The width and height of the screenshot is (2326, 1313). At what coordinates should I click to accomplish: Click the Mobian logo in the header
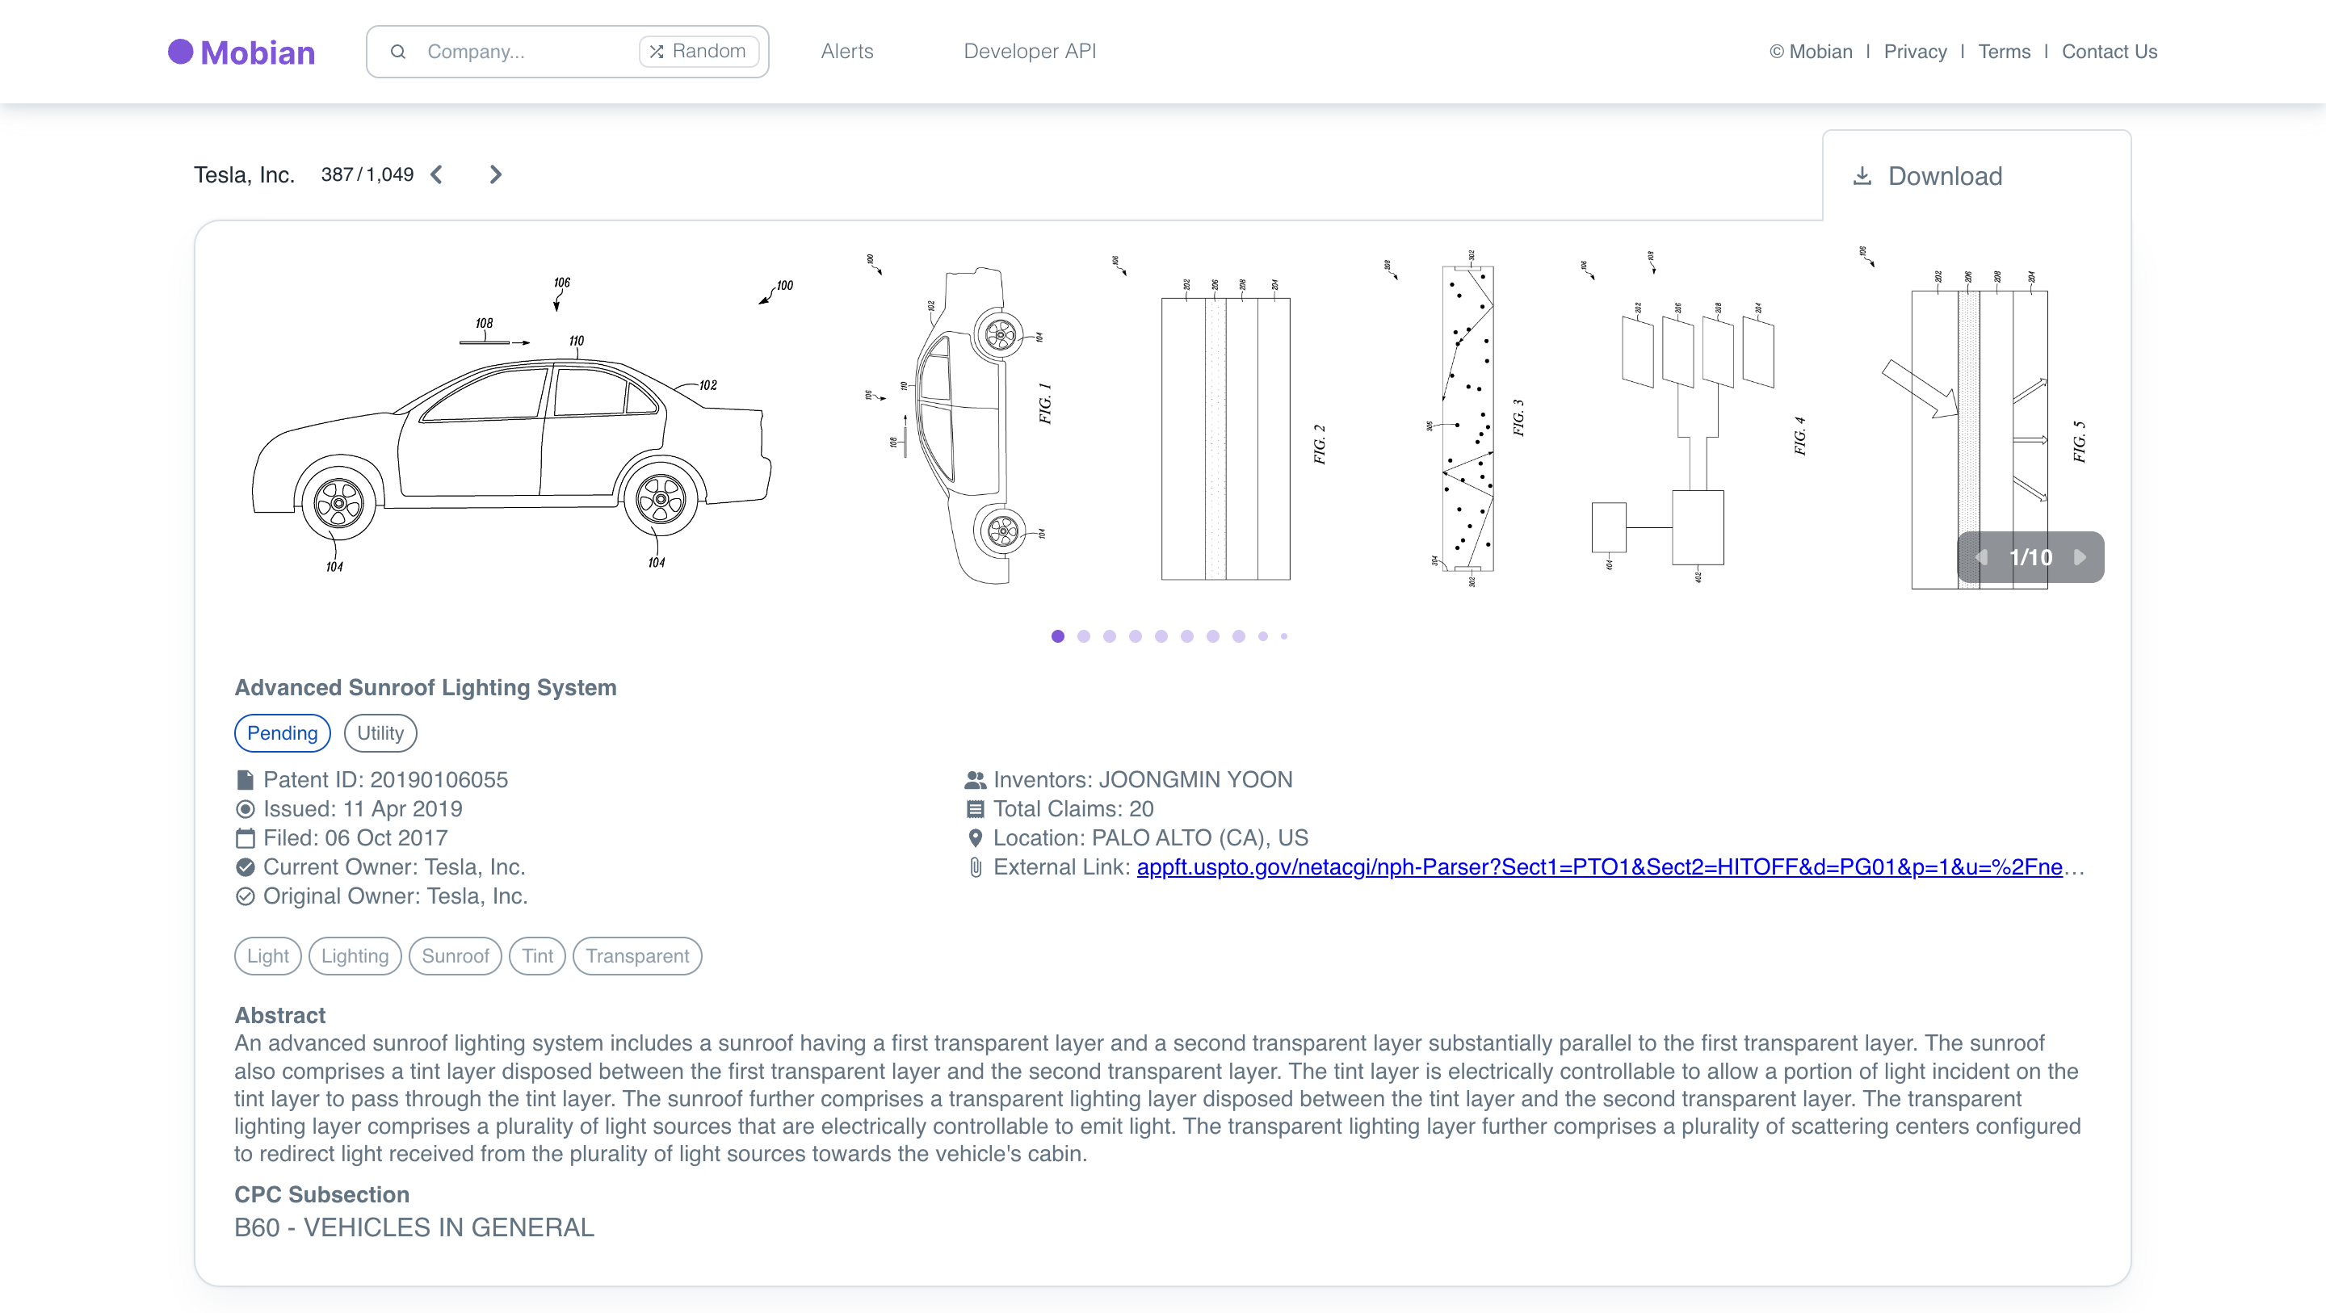point(241,52)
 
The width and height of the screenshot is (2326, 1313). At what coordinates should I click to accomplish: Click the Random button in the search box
point(698,52)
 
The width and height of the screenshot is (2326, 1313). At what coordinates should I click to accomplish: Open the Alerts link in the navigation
point(846,52)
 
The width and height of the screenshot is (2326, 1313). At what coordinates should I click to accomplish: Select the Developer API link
point(1030,52)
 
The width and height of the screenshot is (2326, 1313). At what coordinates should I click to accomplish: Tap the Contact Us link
point(2109,52)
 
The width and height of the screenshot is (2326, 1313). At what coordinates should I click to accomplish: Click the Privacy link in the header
point(1914,52)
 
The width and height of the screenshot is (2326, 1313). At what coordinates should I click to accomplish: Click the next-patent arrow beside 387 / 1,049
point(495,174)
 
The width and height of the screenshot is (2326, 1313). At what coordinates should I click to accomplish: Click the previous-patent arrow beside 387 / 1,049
point(437,174)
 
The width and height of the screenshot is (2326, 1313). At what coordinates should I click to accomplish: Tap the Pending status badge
point(282,732)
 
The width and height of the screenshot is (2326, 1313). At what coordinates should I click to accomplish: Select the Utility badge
point(380,732)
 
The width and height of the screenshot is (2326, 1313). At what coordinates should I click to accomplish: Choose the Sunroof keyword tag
point(454,955)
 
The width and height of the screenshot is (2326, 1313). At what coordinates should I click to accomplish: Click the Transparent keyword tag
point(636,955)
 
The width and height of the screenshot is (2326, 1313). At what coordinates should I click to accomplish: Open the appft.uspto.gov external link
point(1598,867)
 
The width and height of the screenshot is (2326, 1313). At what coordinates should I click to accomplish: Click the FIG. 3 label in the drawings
point(1518,417)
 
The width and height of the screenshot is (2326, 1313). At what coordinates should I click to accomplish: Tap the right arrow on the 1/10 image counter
point(2080,557)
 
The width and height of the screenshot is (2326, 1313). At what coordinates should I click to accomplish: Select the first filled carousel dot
point(1057,636)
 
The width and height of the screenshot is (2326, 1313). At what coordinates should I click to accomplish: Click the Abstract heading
point(280,1015)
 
